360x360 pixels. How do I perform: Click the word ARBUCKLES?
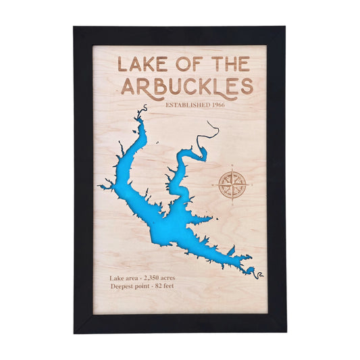point(186,86)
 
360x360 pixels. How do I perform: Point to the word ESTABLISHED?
point(190,105)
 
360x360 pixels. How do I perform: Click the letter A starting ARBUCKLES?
point(128,86)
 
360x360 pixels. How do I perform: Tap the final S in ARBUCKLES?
point(247,86)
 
